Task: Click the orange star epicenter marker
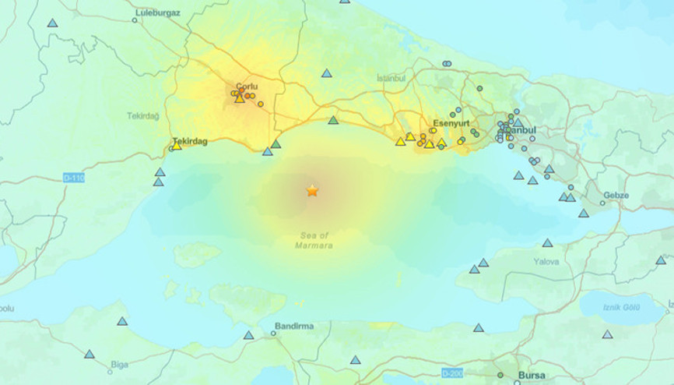point(312,190)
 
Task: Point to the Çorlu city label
point(247,87)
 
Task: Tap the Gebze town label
point(616,196)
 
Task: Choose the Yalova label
point(546,262)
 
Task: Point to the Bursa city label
point(532,375)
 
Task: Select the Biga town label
point(119,364)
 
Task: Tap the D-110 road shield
point(74,178)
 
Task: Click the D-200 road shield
point(452,373)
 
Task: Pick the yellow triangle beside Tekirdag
point(177,145)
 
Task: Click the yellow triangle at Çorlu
point(240,97)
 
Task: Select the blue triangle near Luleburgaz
point(52,23)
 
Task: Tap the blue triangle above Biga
point(122,321)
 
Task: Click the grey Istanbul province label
point(391,78)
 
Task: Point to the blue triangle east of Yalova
point(661,260)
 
